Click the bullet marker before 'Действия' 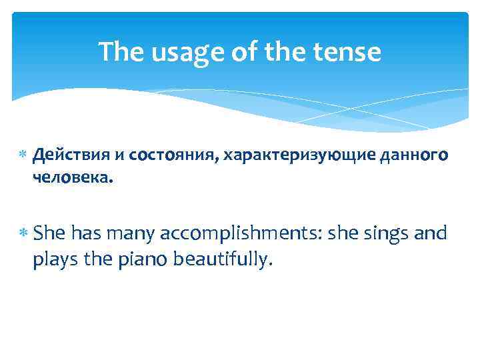point(22,156)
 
